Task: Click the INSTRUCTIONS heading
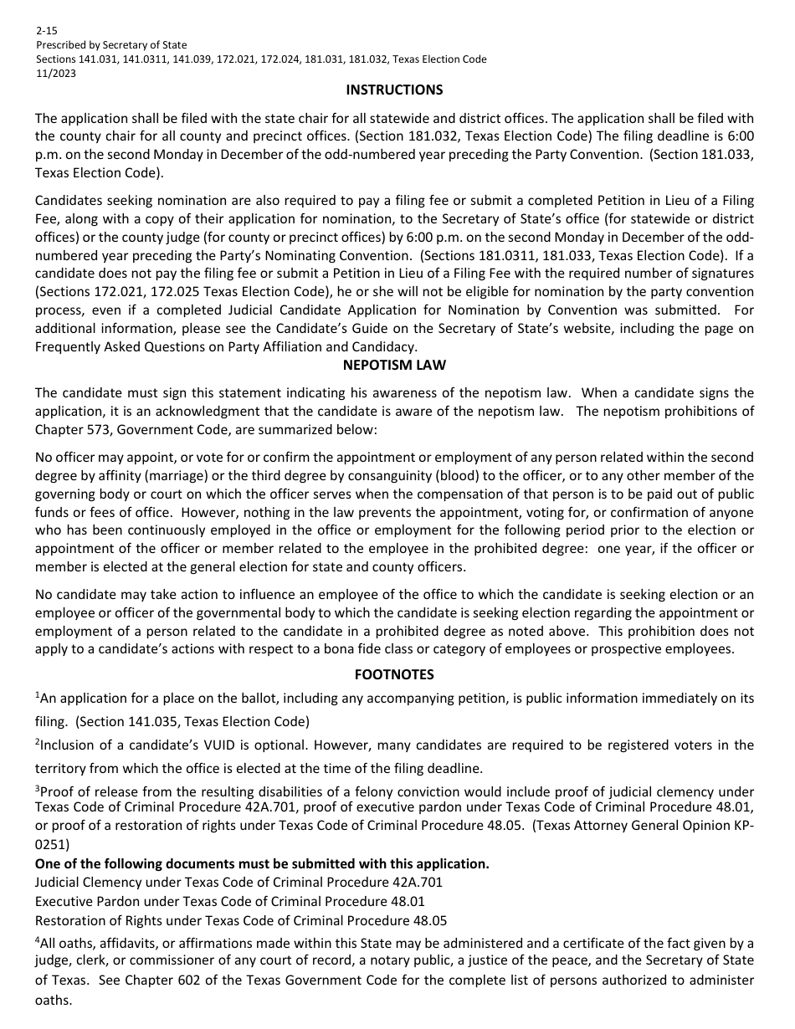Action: tap(394, 90)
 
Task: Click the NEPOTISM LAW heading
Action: tap(394, 365)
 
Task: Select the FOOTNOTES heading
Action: tap(394, 674)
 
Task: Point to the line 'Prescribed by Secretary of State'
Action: tap(111, 44)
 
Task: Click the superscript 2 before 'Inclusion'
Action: tap(37, 741)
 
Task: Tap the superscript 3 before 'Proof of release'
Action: tap(37, 788)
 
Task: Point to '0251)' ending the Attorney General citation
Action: tap(53, 845)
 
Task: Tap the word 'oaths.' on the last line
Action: tap(54, 1000)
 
